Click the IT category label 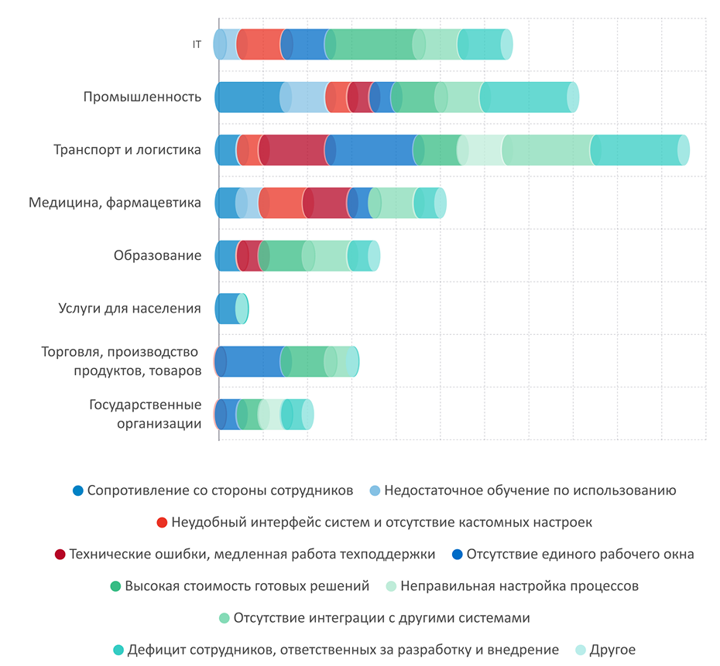click(x=197, y=44)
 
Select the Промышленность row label click(x=142, y=97)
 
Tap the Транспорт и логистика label click(x=127, y=149)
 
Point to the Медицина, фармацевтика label click(x=115, y=203)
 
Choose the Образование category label click(x=157, y=255)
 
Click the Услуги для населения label click(x=130, y=308)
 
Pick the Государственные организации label click(x=146, y=414)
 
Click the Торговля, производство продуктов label click(x=122, y=361)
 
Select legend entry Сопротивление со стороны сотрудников click(x=220, y=490)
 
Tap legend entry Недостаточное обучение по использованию click(x=530, y=490)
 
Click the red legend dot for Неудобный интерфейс click(x=162, y=523)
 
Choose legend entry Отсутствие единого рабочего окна click(x=580, y=554)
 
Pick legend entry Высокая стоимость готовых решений click(x=246, y=586)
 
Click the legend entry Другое click(x=612, y=650)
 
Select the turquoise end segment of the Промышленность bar click(x=526, y=97)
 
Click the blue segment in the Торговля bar click(x=252, y=361)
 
